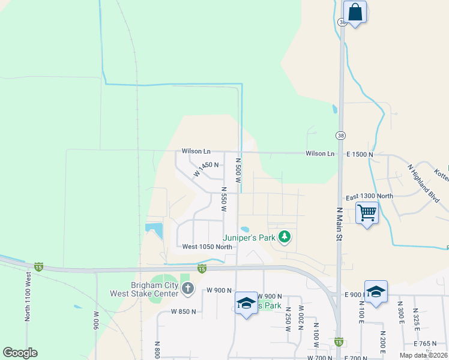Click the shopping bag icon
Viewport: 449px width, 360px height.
coord(355,12)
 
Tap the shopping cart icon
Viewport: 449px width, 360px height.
coord(367,212)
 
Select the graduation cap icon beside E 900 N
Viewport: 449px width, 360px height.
coord(376,292)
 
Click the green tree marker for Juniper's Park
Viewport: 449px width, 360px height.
coord(285,237)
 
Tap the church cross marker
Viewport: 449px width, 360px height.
coord(187,289)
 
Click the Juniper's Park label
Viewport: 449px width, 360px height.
coord(249,238)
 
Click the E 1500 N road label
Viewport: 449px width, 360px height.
coord(360,154)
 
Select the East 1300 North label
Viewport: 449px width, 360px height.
coord(369,197)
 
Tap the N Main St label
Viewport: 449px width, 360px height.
coord(339,224)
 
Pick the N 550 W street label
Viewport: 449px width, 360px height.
coord(223,201)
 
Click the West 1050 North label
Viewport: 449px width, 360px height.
coord(207,247)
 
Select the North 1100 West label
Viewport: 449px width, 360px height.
coord(28,296)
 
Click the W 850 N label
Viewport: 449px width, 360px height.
coord(183,311)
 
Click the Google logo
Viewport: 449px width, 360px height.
coord(20,353)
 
